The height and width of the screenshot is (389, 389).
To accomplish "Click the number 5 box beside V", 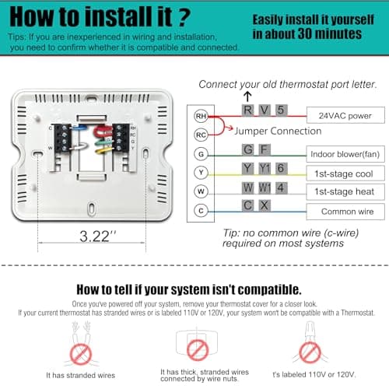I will coord(281,110).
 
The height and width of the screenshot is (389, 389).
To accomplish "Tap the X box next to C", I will coord(265,205).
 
